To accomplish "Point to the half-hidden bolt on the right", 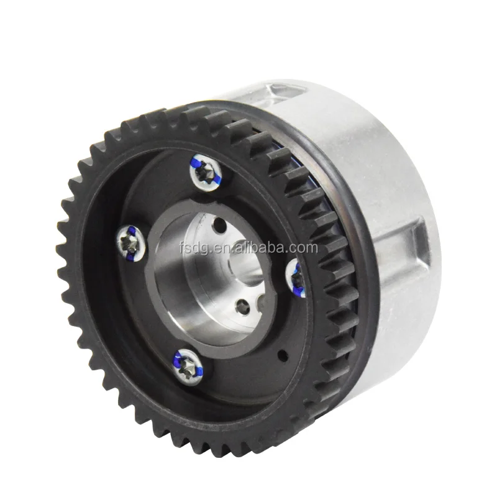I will click(x=296, y=277).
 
